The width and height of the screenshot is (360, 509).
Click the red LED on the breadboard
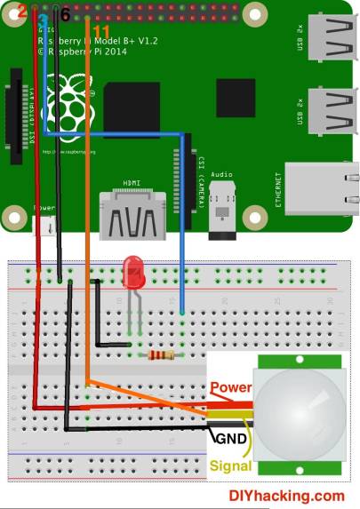click(x=134, y=271)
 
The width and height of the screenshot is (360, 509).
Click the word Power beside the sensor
click(x=230, y=388)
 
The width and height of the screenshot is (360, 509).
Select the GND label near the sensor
click(x=228, y=437)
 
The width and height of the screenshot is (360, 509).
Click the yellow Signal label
click(x=229, y=464)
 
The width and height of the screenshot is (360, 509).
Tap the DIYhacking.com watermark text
click(x=286, y=497)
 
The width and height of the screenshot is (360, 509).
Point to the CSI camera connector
click(x=190, y=177)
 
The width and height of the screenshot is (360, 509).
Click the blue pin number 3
click(x=42, y=20)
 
